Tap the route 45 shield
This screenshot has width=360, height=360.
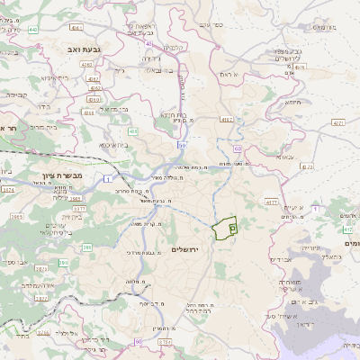pyautogui.click(x=148, y=43)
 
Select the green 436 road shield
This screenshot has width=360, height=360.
pyautogui.click(x=132, y=131)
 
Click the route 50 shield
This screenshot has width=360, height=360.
pyautogui.click(x=182, y=144)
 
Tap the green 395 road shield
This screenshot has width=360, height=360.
pyautogui.click(x=64, y=262)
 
